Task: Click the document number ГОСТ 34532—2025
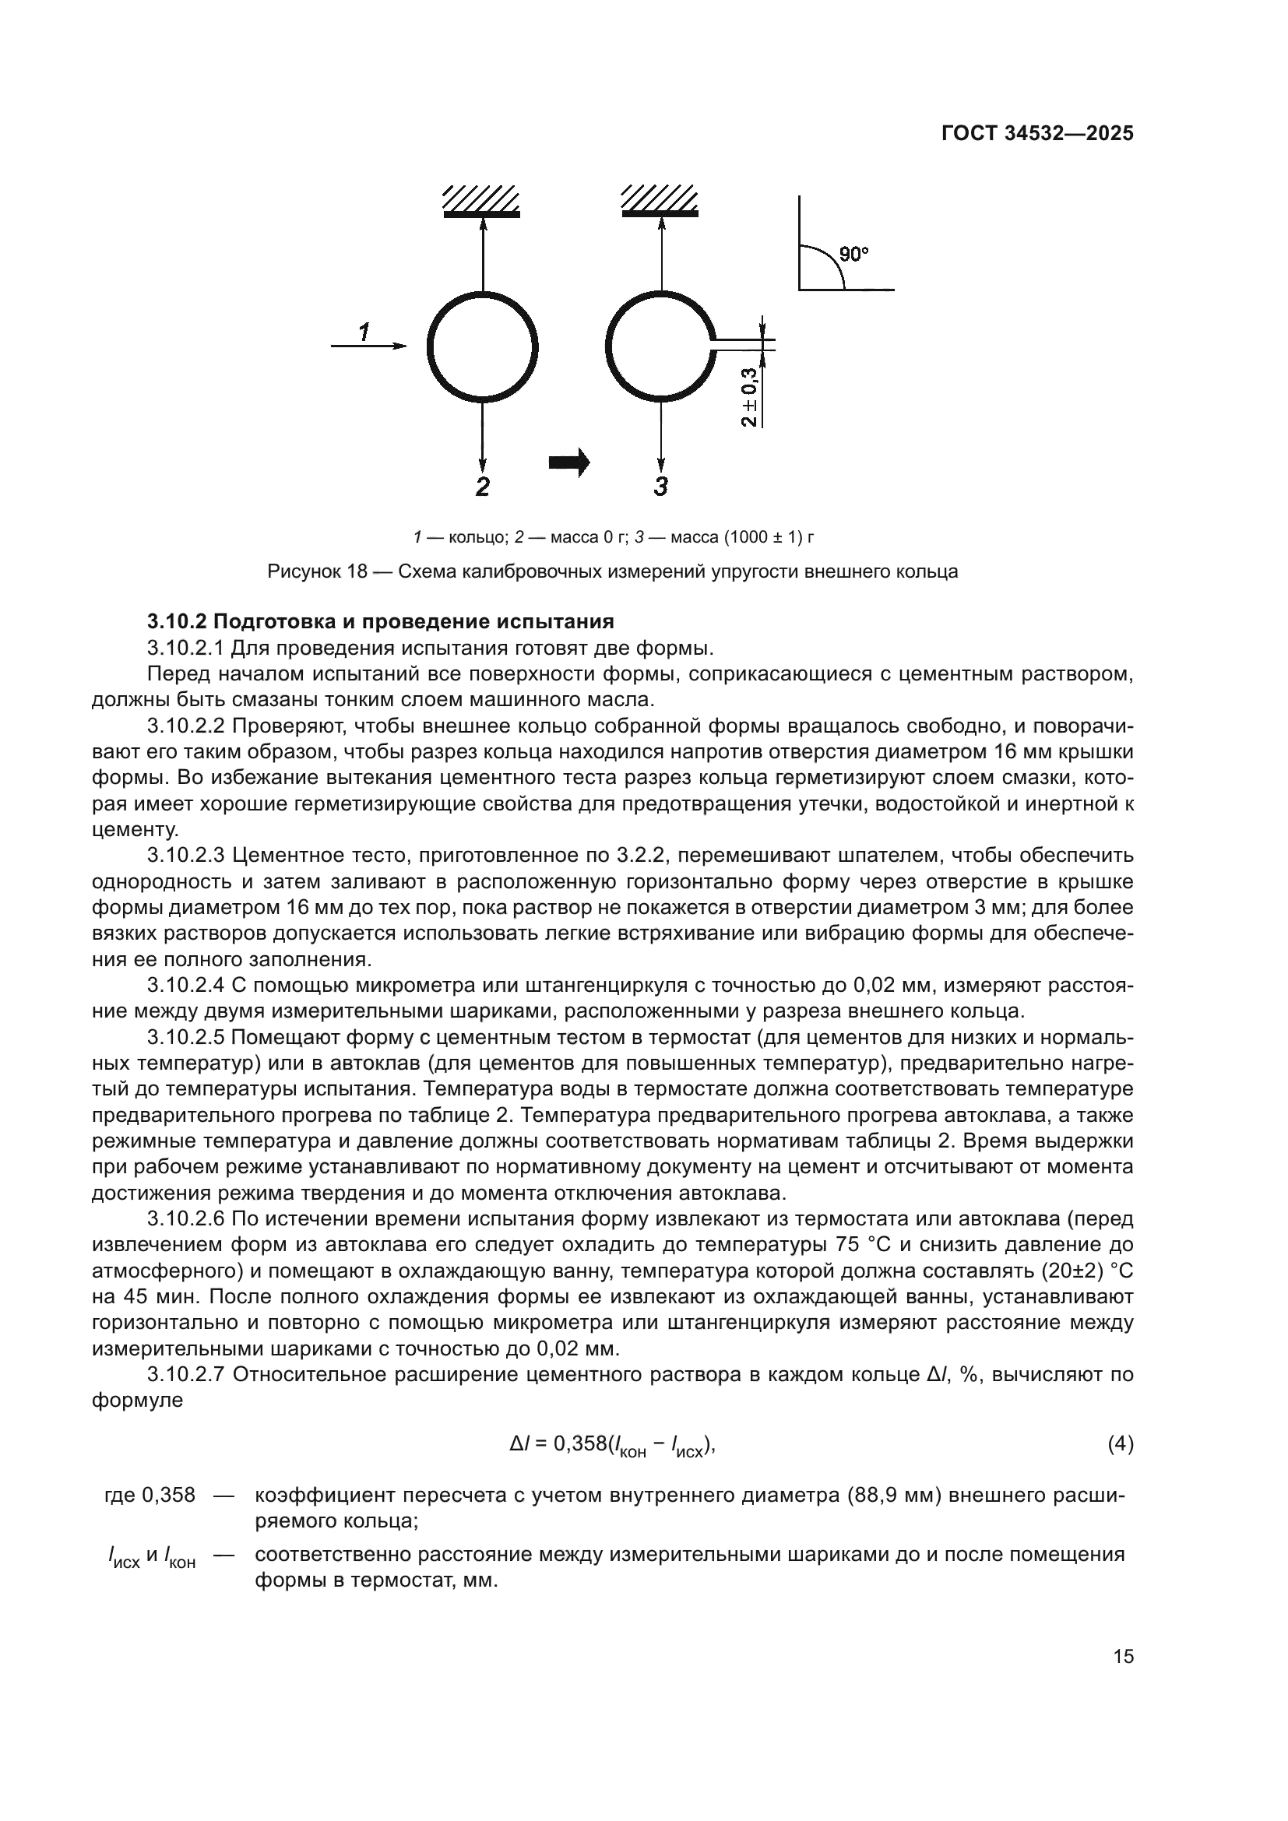(x=1036, y=134)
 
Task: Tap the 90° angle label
(x=853, y=255)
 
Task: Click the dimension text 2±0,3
(x=749, y=397)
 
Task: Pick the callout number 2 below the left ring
(x=482, y=486)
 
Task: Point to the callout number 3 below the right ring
(x=660, y=486)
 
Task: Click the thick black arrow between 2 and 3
(x=569, y=462)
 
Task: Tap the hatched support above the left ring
(x=481, y=202)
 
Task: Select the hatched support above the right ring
(x=660, y=202)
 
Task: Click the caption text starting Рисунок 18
(x=612, y=572)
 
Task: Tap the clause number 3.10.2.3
(x=187, y=855)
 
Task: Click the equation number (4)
(x=1120, y=1444)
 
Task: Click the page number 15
(x=1123, y=1656)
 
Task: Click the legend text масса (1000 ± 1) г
(x=742, y=537)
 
